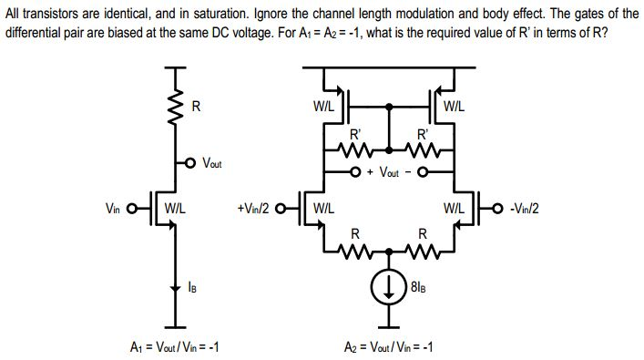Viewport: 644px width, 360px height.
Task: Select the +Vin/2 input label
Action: click(252, 207)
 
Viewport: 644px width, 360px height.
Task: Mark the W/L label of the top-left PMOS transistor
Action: click(323, 106)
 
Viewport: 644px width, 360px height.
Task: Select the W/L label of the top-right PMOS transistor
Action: click(454, 106)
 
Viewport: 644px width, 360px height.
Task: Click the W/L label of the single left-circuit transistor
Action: click(175, 207)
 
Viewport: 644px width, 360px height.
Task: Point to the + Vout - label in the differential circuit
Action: click(389, 171)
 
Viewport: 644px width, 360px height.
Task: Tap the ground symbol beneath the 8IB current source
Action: click(390, 324)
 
